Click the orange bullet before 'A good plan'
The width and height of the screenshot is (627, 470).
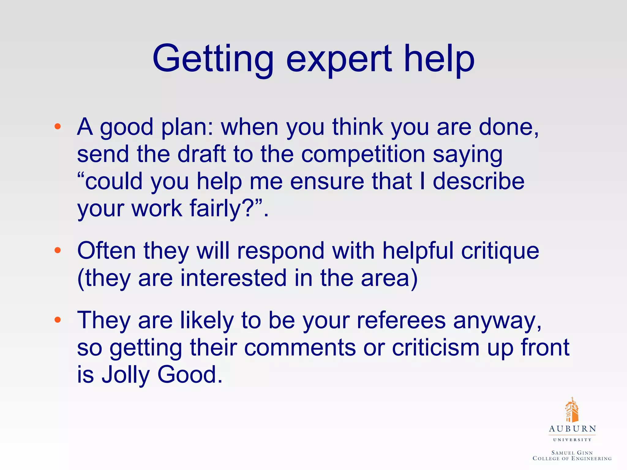tap(57, 126)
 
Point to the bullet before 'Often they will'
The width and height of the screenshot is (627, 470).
tap(57, 251)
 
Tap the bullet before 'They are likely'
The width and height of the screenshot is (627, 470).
tap(57, 320)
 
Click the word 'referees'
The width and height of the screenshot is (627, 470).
tap(401, 320)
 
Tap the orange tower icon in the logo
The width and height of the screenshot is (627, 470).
tap(572, 410)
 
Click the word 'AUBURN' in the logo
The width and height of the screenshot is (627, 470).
tap(572, 429)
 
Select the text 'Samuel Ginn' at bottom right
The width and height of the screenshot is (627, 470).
tap(572, 453)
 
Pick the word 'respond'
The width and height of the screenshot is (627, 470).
tap(280, 251)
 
